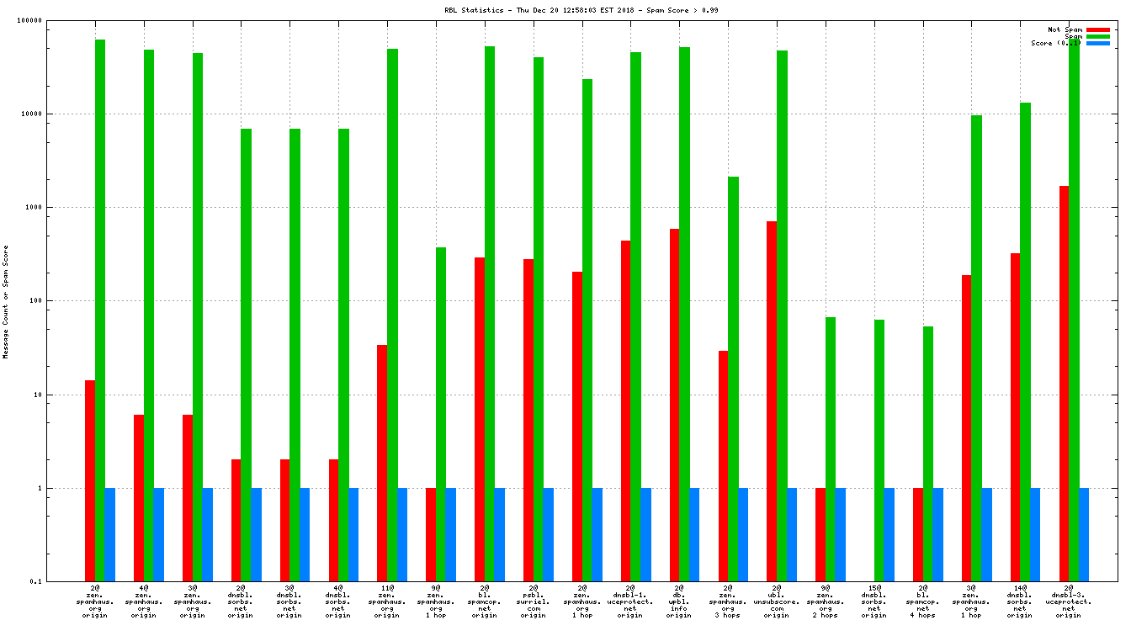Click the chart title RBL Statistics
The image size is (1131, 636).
(x=581, y=10)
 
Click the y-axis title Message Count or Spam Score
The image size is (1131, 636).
(x=6, y=302)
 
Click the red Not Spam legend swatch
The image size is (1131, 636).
(x=1098, y=29)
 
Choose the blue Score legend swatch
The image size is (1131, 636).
(x=1098, y=43)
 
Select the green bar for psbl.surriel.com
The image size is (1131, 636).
(x=539, y=320)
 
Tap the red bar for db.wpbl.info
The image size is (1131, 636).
(x=674, y=405)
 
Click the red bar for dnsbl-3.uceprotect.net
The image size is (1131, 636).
(x=1065, y=383)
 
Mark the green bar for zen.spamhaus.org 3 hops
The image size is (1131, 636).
(x=733, y=379)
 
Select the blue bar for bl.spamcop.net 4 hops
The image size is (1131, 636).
(x=937, y=534)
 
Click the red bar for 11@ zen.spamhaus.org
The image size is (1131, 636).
(x=382, y=463)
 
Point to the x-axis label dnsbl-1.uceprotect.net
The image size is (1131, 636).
(x=630, y=601)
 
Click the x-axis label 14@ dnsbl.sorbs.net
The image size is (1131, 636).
(x=1020, y=601)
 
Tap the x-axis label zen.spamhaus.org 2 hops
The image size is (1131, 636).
(x=826, y=601)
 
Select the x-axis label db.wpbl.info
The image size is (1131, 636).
(x=678, y=601)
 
